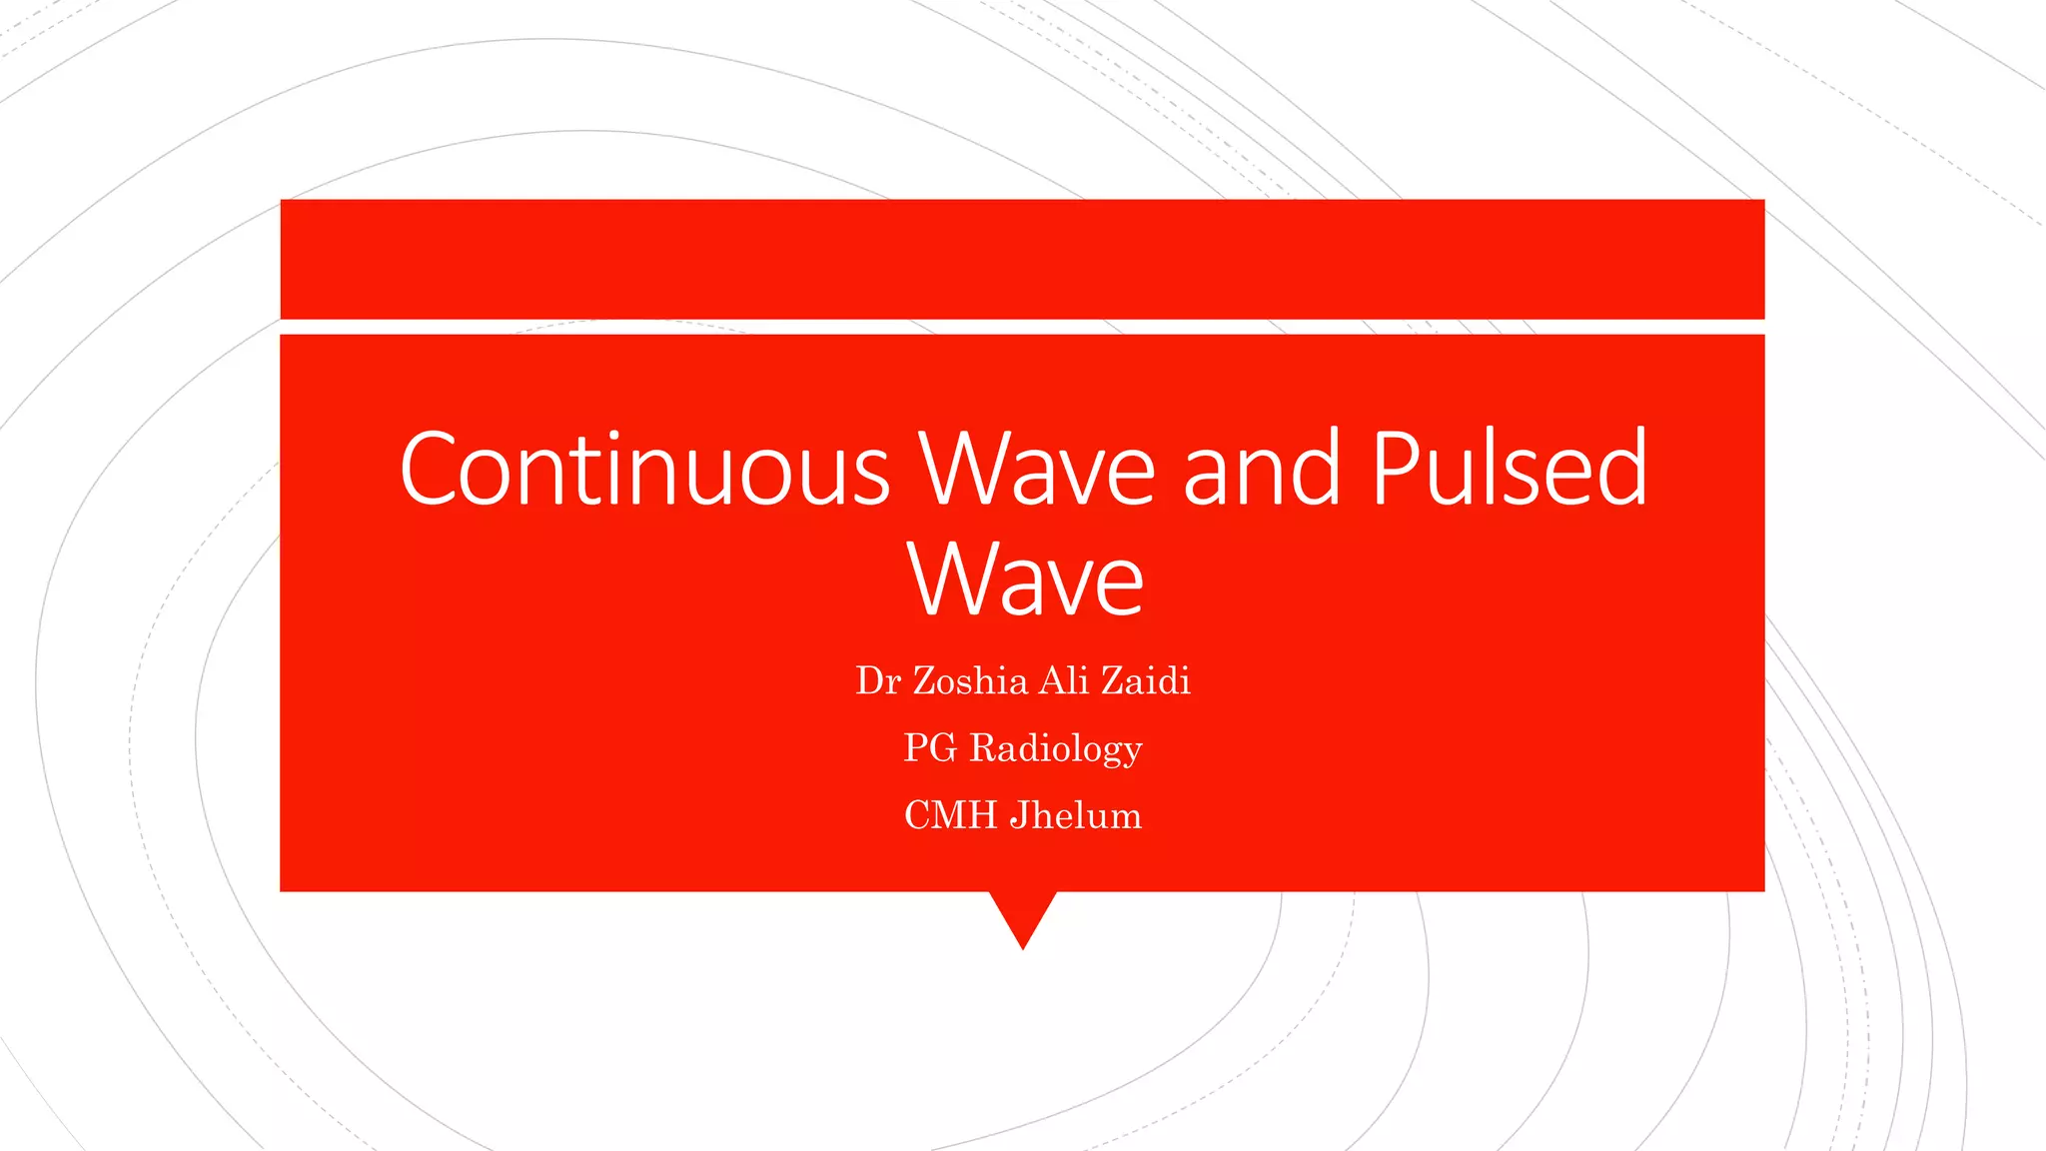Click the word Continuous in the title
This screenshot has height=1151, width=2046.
click(644, 470)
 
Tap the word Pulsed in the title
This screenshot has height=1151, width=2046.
click(1509, 468)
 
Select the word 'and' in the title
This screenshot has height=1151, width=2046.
click(1261, 470)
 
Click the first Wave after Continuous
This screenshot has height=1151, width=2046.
click(1037, 470)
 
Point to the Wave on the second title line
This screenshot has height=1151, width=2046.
click(1025, 579)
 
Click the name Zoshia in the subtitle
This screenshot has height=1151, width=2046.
click(970, 681)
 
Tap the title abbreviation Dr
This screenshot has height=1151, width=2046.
click(878, 681)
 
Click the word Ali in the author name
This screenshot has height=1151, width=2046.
click(1064, 681)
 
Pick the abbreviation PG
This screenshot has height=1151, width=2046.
click(930, 748)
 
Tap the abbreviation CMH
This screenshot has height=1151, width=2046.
click(950, 815)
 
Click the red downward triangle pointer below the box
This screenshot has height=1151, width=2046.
click(1023, 914)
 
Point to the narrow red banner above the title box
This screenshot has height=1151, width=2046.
click(1022, 259)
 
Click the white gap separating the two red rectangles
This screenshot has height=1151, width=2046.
click(1022, 327)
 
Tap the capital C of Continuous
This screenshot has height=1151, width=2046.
click(427, 470)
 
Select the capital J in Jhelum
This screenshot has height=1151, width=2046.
click(1018, 816)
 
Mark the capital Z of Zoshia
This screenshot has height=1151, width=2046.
click(924, 681)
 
